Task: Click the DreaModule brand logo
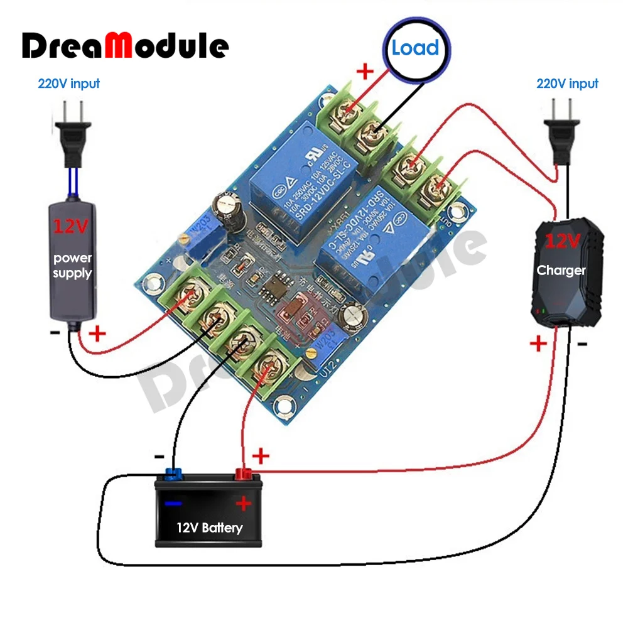point(126,45)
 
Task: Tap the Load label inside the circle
point(415,48)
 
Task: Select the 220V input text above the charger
point(567,83)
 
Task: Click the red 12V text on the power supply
point(72,227)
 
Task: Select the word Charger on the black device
point(561,271)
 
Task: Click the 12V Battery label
point(209,528)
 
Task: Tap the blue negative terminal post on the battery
point(173,474)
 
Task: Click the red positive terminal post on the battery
point(243,474)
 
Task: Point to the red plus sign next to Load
point(365,71)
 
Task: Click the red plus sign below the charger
point(538,344)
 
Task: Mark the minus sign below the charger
point(582,344)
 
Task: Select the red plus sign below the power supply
point(97,333)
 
